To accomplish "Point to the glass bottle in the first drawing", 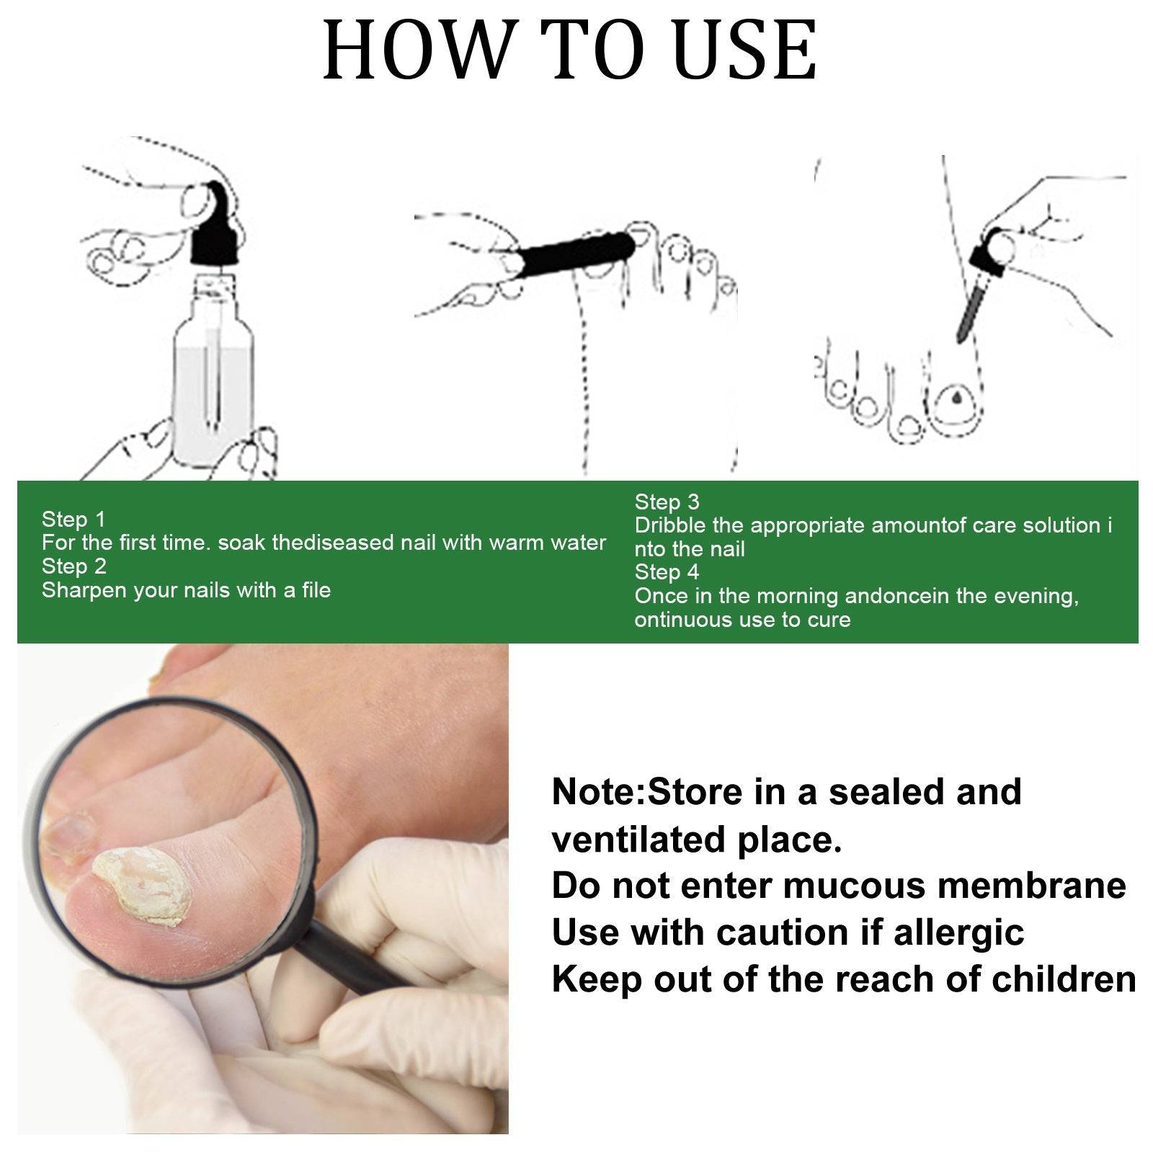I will tap(213, 389).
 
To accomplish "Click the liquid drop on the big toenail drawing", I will tap(957, 397).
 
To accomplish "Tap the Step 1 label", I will tap(74, 519).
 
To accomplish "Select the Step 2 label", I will tap(74, 566).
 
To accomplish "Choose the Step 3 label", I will tap(667, 502).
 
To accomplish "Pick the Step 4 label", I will tap(667, 572).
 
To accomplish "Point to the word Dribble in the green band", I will tap(670, 525).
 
